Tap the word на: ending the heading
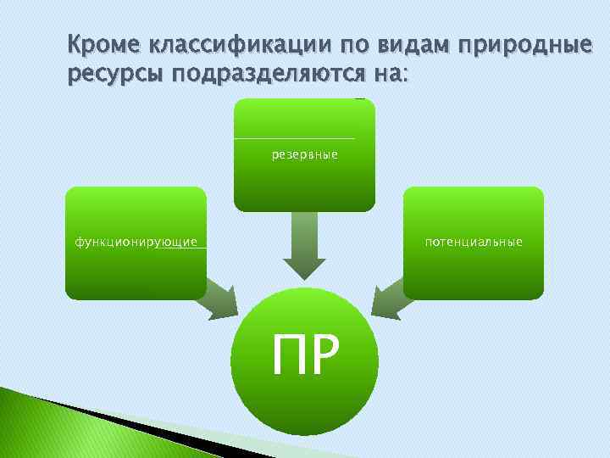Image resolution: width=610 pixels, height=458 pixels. tap(386, 75)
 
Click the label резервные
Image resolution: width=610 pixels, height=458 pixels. tap(304, 155)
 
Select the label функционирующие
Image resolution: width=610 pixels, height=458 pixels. tap(136, 242)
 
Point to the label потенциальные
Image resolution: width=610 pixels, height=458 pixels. tap(474, 242)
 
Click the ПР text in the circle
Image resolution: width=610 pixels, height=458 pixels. tap(304, 355)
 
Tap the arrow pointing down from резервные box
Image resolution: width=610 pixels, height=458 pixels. tap(303, 246)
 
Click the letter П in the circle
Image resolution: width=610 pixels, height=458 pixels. tap(287, 355)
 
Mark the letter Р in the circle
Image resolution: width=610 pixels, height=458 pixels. tap(324, 355)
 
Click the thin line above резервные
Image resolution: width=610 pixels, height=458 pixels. tap(294, 138)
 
